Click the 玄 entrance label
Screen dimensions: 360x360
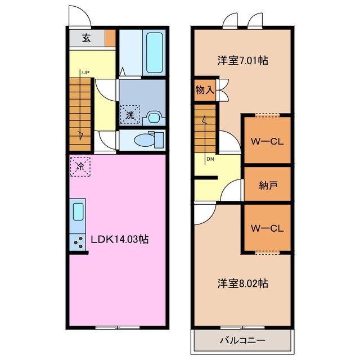pos(86,38)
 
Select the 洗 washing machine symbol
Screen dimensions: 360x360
pos(129,115)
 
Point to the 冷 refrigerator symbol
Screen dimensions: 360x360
pos(80,166)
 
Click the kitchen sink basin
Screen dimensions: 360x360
pos(78,212)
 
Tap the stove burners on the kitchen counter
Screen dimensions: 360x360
pos(78,240)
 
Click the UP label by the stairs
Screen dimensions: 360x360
pos(85,72)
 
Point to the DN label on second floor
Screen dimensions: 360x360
pos(210,159)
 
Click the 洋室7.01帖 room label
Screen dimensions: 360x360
pos(242,60)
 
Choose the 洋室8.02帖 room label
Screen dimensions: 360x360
pos(242,283)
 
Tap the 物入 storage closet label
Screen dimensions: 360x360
pos(205,90)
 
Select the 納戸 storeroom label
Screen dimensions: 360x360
pos(267,183)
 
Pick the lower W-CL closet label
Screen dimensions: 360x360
pos(267,228)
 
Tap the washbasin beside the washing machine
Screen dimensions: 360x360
pos(153,118)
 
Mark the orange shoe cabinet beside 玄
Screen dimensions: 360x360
pos(110,38)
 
